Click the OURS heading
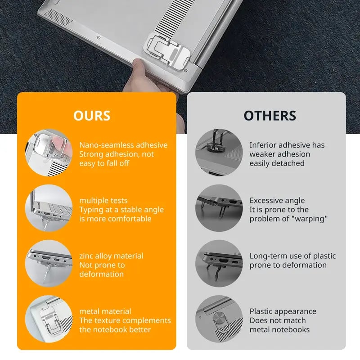[92, 116]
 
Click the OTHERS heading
[270, 116]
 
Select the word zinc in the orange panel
[86, 256]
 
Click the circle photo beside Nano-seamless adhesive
[49, 153]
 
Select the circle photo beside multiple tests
[49, 208]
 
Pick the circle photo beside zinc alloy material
[49, 263]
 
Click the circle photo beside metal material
[49, 319]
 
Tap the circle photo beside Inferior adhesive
[219, 153]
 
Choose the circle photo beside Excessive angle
[219, 208]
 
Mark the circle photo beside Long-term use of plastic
[219, 263]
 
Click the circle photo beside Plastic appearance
[219, 319]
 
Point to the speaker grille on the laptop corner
[58, 18]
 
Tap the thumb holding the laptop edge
[138, 71]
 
